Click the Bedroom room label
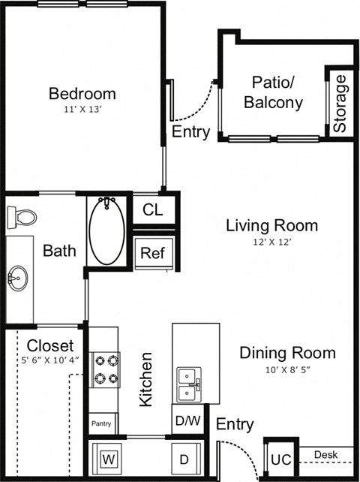click(x=82, y=94)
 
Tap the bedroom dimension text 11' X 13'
click(x=82, y=110)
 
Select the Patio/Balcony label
click(x=277, y=92)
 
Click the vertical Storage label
click(x=340, y=104)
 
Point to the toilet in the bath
click(x=22, y=217)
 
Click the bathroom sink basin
click(x=16, y=279)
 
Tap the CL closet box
click(x=153, y=209)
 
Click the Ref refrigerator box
click(x=153, y=252)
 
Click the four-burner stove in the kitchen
click(x=104, y=369)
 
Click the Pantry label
click(x=101, y=424)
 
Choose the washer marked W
click(x=108, y=456)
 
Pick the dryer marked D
click(x=184, y=456)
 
